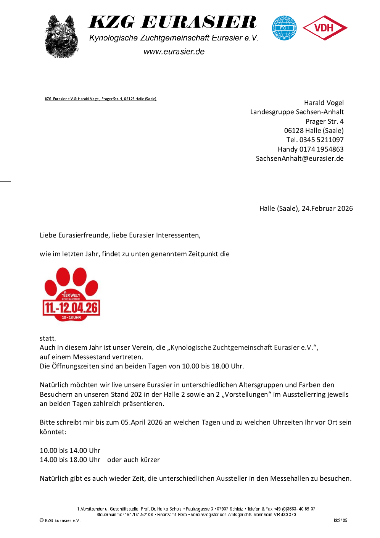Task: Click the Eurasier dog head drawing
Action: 61,37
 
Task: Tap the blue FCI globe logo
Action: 284,28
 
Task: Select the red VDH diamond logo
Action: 325,28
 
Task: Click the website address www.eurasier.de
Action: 174,52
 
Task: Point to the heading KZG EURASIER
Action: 172,22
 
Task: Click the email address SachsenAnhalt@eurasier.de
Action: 299,158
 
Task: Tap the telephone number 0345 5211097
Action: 321,140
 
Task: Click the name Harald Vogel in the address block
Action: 324,103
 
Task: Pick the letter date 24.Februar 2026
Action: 327,208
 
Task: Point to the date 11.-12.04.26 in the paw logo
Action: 71,308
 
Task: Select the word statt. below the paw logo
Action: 48,338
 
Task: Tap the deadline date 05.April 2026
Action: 142,422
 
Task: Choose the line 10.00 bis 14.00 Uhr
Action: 70,451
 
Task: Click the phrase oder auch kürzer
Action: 133,460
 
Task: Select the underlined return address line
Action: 101,99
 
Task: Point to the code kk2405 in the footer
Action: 340,520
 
